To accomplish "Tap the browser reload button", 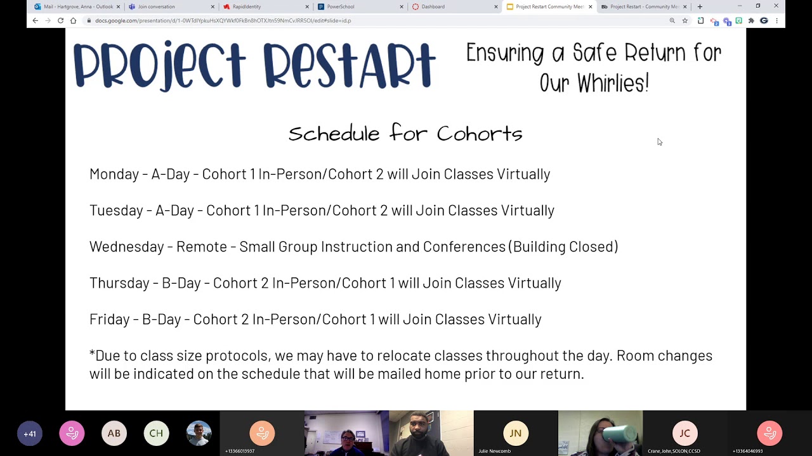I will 60,20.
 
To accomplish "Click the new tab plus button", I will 700,6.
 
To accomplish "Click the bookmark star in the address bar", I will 685,20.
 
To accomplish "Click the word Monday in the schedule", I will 114,174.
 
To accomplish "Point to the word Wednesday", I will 126,247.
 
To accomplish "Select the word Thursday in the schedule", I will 119,283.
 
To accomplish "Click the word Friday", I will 110,319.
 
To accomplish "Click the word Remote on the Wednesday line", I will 201,247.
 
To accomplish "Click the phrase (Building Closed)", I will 563,247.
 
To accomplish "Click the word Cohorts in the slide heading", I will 480,134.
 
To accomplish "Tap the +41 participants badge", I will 30,434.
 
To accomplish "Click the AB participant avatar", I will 114,434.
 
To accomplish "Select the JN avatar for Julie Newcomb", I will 515,433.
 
